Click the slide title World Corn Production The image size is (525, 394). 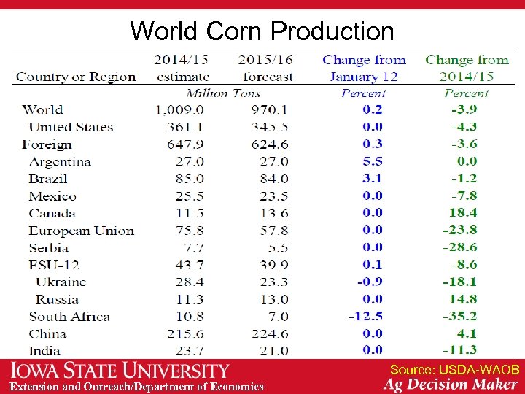pos(262,31)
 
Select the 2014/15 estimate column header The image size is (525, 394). pos(182,68)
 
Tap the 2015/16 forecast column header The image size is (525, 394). pos(265,68)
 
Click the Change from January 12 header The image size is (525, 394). pos(364,68)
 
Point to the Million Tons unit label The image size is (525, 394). pos(224,93)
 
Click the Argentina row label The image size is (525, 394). pos(60,161)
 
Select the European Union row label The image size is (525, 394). pos(81,231)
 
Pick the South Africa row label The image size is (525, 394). pos(69,317)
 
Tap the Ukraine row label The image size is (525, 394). pos(61,282)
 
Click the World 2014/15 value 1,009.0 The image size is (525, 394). pos(179,110)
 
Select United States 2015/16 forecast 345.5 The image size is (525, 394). pos(270,127)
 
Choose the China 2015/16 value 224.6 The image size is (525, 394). pos(270,334)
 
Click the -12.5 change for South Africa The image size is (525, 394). pos(366,317)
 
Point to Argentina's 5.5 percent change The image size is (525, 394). pos(372,161)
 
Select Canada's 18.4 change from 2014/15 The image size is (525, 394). pos(463,213)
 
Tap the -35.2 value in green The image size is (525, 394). pos(460,317)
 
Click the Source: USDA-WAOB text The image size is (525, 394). pos(454,370)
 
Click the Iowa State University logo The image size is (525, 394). pos(120,371)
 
